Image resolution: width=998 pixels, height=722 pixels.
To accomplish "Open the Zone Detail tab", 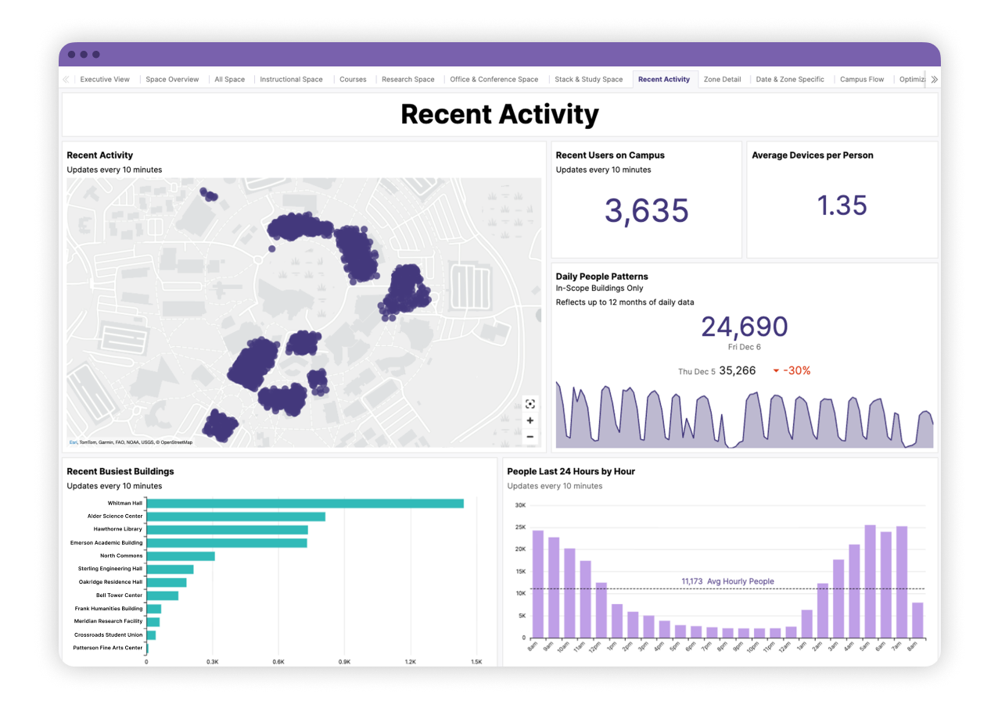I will pyautogui.click(x=722, y=79).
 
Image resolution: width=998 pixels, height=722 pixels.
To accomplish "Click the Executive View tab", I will pyautogui.click(x=105, y=79).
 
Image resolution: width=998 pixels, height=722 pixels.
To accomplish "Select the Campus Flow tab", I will pyautogui.click(x=862, y=79).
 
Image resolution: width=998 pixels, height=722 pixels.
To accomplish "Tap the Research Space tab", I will pyautogui.click(x=407, y=79).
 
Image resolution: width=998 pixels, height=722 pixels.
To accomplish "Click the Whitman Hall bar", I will pyautogui.click(x=305, y=503).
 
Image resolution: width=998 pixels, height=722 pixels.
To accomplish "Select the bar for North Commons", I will pyautogui.click(x=181, y=556).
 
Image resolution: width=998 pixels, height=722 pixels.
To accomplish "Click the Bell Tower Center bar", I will pyautogui.click(x=162, y=595).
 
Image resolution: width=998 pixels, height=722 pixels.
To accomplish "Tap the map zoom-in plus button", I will pyautogui.click(x=530, y=420).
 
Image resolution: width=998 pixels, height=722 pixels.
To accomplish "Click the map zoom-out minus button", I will pyautogui.click(x=530, y=437).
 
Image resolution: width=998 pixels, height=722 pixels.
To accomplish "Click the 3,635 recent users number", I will pyautogui.click(x=646, y=210).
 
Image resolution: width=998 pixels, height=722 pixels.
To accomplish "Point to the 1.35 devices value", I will pyautogui.click(x=842, y=206).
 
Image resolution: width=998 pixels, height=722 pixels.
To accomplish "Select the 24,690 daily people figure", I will pyautogui.click(x=744, y=327).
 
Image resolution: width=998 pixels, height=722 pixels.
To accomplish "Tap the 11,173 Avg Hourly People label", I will pyautogui.click(x=727, y=581).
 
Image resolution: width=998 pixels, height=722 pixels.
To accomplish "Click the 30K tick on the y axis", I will pyautogui.click(x=519, y=505).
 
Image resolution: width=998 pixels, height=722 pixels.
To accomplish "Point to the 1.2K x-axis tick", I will pyautogui.click(x=411, y=661).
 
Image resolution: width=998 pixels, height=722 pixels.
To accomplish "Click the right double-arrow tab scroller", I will pyautogui.click(x=933, y=79).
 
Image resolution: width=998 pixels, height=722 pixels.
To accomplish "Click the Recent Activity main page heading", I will pyautogui.click(x=500, y=114).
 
